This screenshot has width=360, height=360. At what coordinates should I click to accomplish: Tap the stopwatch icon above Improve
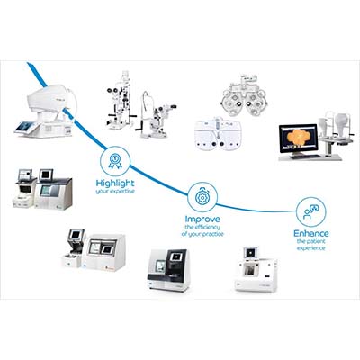pyautogui.click(x=201, y=195)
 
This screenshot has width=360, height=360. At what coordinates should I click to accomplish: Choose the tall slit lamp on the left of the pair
pyautogui.click(x=126, y=103)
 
